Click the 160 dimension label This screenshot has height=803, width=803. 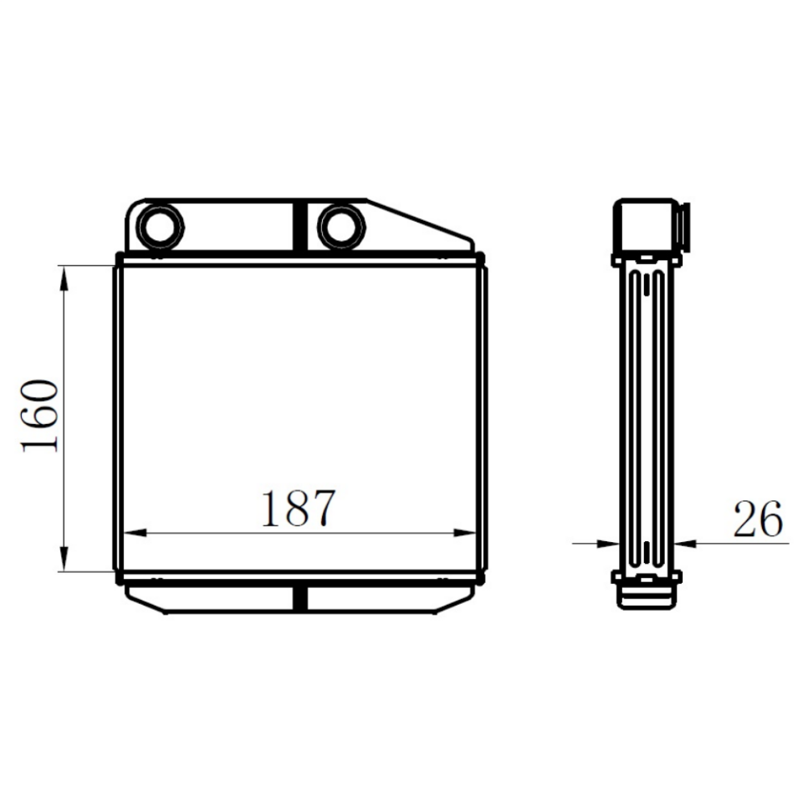coord(39,416)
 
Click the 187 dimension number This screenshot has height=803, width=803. coord(299,509)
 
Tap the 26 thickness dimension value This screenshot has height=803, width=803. coord(759,519)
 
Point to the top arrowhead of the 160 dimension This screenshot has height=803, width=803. coord(64,279)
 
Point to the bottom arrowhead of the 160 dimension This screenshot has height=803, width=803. coord(64,559)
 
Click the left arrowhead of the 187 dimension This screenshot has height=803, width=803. coord(136,533)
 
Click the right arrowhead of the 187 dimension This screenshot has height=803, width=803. coord(464,533)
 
